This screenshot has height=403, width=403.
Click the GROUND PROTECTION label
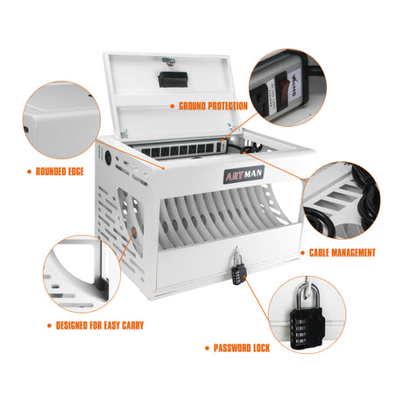(213, 106)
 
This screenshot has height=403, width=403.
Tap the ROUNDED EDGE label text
(60, 172)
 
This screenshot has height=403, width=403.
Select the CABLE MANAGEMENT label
(343, 252)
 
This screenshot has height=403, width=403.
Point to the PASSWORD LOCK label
(242, 348)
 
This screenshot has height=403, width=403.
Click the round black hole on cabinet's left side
(109, 162)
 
